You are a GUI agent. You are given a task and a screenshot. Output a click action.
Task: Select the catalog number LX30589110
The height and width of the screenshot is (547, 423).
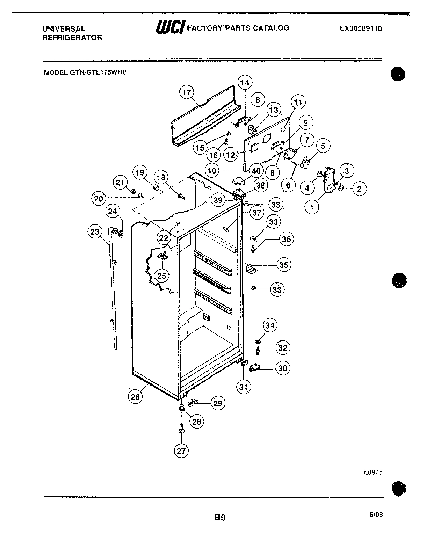coord(361,29)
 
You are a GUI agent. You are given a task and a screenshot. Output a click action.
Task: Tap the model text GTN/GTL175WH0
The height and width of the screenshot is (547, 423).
coord(85,72)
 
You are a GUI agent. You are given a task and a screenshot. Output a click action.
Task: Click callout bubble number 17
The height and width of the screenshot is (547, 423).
coord(186,93)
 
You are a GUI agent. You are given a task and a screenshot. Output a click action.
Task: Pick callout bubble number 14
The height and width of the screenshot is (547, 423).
coord(245,82)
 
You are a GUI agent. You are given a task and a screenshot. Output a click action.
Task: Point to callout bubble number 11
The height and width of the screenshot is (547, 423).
coord(298,102)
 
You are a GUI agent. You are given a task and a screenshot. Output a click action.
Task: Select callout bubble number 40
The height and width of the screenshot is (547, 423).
coord(256,171)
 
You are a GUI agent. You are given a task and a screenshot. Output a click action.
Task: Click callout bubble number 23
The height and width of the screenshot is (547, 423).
coord(95,232)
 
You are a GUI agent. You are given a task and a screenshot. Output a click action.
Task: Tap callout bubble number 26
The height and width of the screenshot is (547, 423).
coord(135,397)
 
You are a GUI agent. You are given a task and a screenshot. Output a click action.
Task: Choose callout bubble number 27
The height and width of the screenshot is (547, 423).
coord(181,451)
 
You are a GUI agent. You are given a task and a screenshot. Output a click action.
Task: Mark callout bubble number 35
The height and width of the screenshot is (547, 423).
coord(284,265)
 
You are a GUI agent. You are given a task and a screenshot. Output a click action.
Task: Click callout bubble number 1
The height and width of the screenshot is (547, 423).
coord(312,207)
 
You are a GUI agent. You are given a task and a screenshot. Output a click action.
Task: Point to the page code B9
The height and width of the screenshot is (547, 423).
coord(220,517)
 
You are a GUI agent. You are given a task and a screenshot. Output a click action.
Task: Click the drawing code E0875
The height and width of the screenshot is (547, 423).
coord(373,472)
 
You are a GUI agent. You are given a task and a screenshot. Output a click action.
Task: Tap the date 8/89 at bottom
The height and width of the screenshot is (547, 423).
coord(376,514)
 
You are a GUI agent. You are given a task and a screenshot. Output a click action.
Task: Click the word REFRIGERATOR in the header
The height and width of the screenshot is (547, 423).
coord(72,38)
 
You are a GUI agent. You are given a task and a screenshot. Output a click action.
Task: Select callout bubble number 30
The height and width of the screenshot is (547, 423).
coord(283,368)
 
